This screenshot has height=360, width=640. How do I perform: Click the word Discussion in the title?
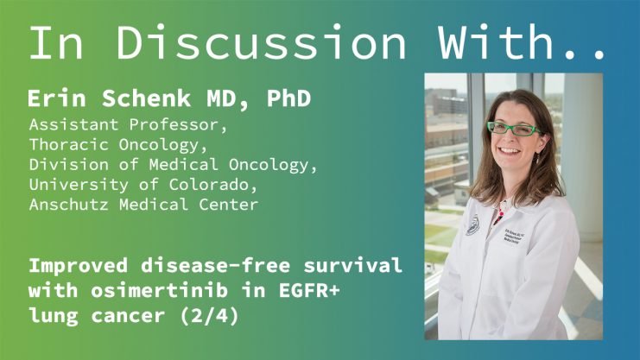click(x=261, y=42)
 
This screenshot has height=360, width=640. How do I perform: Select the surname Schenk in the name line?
click(x=147, y=98)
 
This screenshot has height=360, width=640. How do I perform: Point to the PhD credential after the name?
click(x=289, y=98)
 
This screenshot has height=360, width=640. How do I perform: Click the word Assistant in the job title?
click(x=73, y=124)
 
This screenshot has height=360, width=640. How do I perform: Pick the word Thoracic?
click(x=68, y=144)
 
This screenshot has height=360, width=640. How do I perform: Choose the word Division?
click(x=68, y=165)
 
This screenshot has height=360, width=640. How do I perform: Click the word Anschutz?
click(x=68, y=204)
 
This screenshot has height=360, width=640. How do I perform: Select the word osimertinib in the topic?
click(x=159, y=291)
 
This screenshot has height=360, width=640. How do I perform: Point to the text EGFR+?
click(x=309, y=291)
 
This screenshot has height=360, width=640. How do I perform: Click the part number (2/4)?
click(x=209, y=315)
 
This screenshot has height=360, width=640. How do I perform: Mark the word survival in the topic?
click(x=352, y=266)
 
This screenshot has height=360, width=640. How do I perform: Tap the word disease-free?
click(x=216, y=266)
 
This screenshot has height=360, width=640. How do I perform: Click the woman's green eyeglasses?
click(x=514, y=129)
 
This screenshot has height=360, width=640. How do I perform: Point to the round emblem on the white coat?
click(x=473, y=225)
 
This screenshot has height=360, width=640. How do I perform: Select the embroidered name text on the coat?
click(x=513, y=237)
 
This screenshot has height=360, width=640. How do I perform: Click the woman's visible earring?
click(x=537, y=158)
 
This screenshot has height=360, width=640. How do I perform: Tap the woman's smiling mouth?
click(x=510, y=150)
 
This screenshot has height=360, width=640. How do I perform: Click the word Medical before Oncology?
click(x=183, y=165)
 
